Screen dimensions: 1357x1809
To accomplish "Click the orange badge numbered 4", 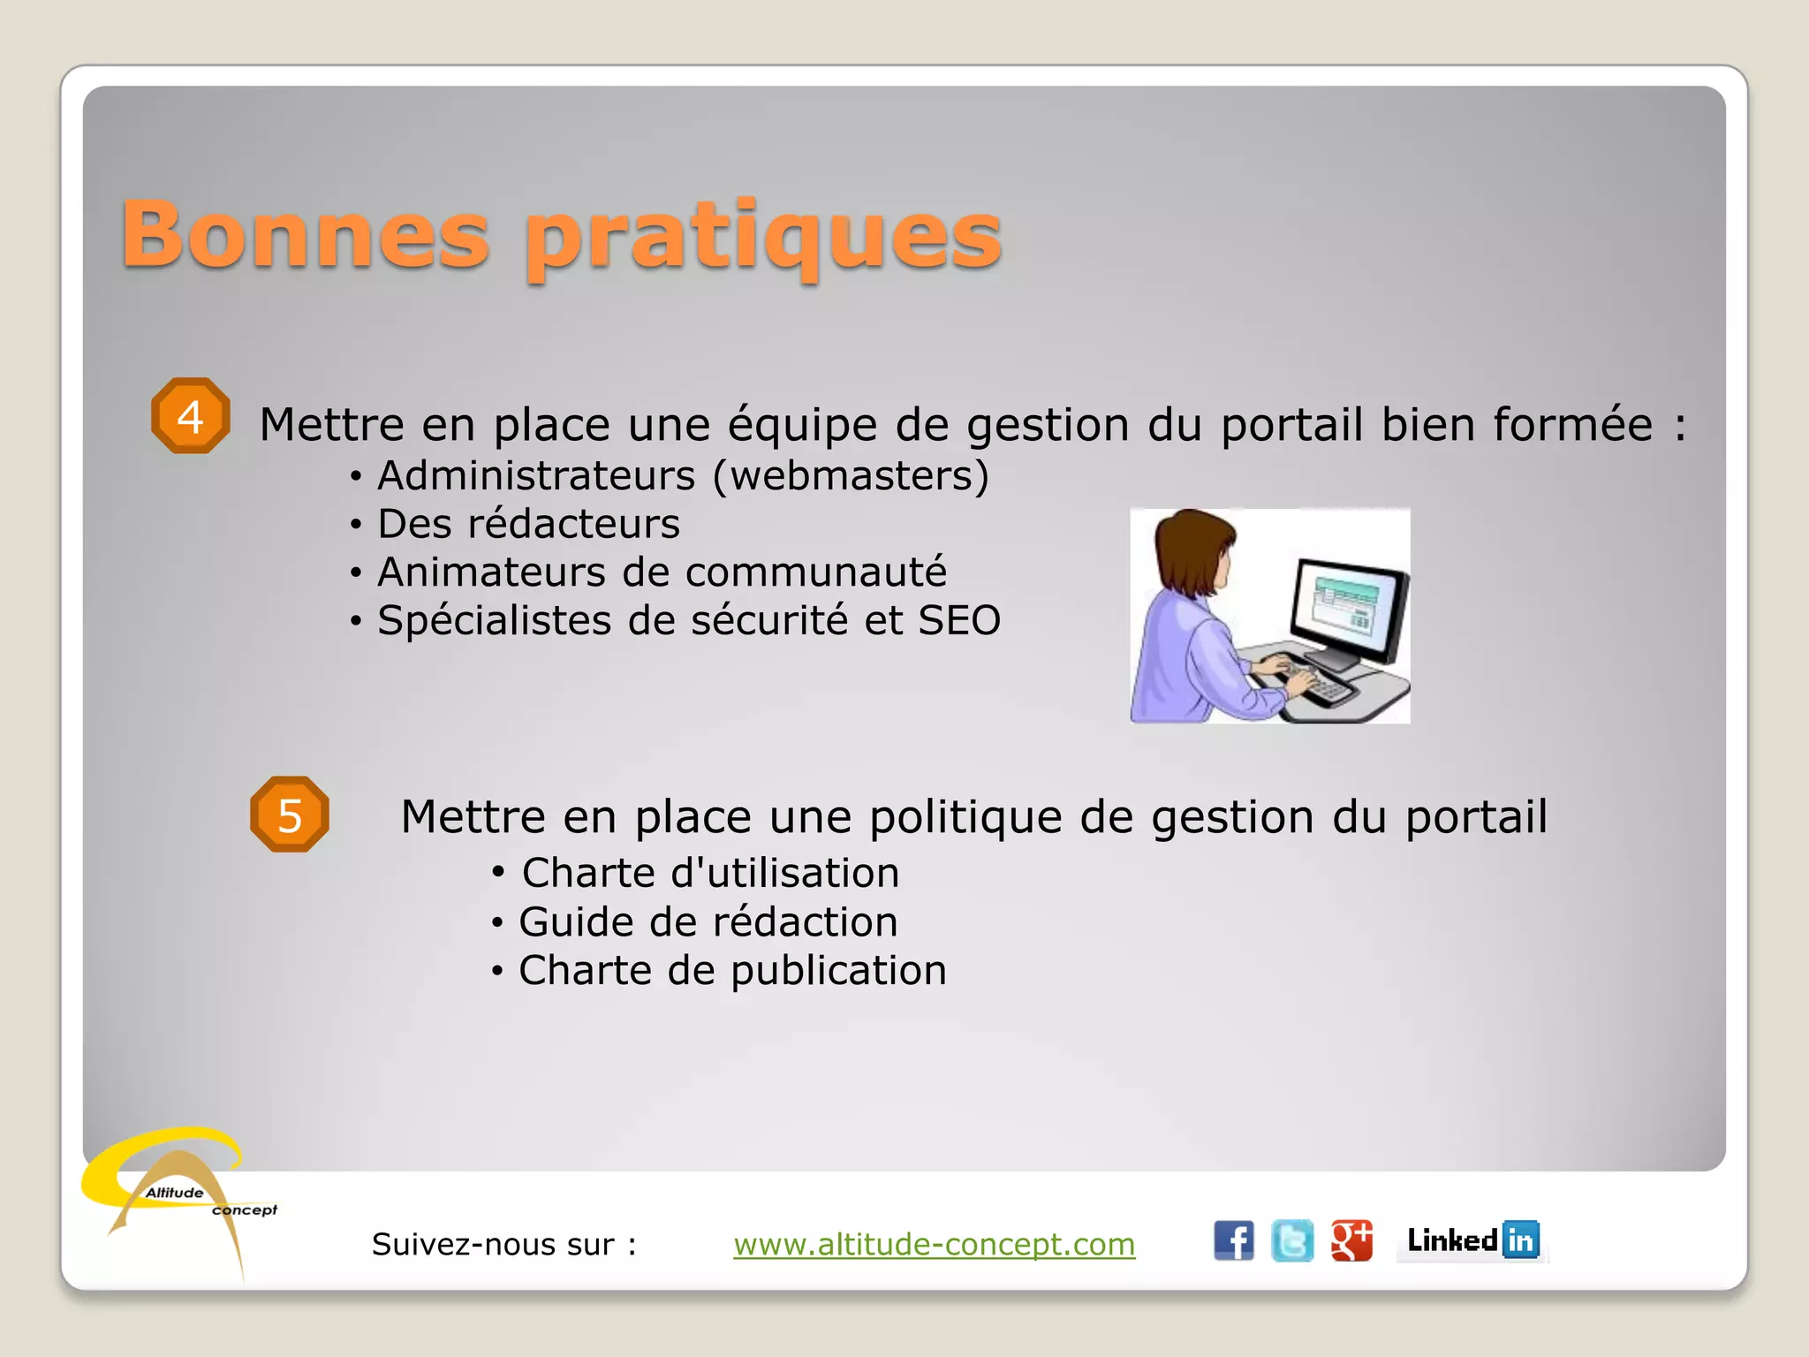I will click(x=191, y=416).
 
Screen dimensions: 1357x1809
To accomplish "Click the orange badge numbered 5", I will click(x=290, y=815).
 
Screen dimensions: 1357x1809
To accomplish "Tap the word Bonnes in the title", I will click(x=305, y=234).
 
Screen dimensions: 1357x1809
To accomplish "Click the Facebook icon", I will click(x=1233, y=1241).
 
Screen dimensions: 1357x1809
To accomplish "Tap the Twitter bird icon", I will click(x=1292, y=1241).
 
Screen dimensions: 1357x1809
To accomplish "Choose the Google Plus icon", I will click(x=1351, y=1241).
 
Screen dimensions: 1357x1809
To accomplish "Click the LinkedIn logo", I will click(x=1472, y=1240).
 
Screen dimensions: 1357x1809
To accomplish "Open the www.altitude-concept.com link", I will click(x=934, y=1244).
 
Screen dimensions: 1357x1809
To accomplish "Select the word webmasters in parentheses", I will click(x=850, y=475).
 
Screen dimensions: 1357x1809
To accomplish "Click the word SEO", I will click(x=959, y=620).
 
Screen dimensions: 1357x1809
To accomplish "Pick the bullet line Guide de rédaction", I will click(x=708, y=922).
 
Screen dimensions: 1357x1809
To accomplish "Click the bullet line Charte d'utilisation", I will click(x=710, y=873).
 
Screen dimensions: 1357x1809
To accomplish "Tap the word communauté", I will click(x=816, y=572).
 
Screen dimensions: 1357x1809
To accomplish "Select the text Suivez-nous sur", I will click(x=503, y=1244).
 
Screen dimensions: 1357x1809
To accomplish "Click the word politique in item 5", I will click(x=965, y=816).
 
